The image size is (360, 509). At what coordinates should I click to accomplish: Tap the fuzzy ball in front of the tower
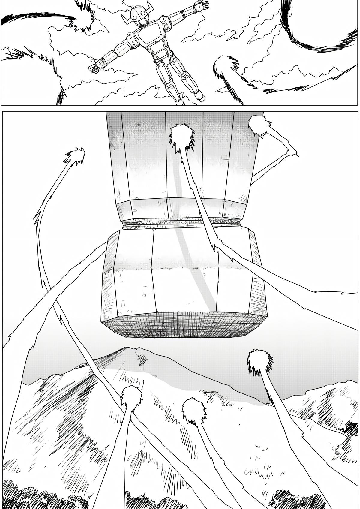182,137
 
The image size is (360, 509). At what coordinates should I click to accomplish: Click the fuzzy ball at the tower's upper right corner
259,125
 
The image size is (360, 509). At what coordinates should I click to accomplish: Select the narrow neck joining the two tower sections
181,223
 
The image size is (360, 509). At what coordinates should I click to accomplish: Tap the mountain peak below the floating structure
132,350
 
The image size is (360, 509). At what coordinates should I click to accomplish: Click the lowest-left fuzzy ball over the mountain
131,398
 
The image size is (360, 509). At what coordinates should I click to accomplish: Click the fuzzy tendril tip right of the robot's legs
225,66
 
